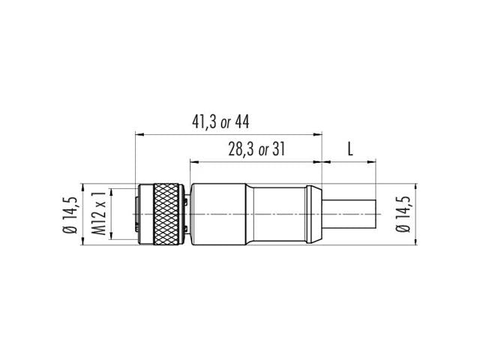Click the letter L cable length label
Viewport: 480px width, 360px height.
tap(349, 148)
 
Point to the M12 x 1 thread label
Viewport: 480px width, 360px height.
tap(97, 214)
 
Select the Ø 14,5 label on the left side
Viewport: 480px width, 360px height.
tap(69, 214)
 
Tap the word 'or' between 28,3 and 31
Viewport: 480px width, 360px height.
tap(262, 150)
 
